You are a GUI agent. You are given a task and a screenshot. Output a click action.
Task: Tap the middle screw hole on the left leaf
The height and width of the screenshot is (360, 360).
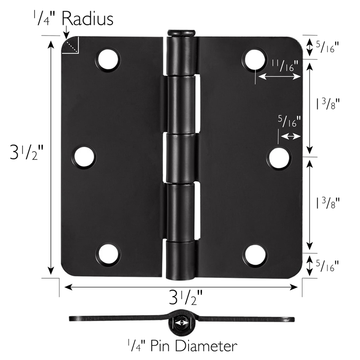click(85, 157)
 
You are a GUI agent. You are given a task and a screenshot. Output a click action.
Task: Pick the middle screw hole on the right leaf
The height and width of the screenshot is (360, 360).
click(279, 157)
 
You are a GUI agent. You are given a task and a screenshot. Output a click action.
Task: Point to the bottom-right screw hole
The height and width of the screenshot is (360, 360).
click(255, 255)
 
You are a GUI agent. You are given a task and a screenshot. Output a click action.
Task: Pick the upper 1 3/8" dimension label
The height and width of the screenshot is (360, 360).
click(327, 104)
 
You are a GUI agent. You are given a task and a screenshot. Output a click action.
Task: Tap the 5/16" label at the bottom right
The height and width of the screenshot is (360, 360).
click(327, 265)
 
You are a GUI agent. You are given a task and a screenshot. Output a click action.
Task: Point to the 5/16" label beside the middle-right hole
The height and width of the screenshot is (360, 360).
click(289, 121)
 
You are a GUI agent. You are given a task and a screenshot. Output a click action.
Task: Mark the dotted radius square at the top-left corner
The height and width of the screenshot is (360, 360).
click(71, 45)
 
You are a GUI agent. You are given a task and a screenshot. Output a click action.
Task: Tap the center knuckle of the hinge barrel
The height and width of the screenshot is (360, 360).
click(182, 157)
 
